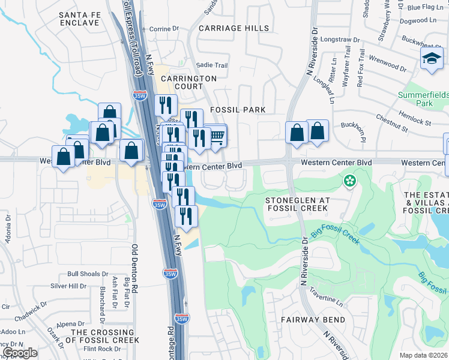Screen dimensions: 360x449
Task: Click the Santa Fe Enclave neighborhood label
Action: pyautogui.click(x=79, y=18)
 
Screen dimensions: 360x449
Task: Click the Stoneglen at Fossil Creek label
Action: pyautogui.click(x=297, y=203)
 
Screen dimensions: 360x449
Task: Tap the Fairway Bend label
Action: pyautogui.click(x=312, y=320)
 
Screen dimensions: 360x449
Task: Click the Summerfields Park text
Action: pyautogui.click(x=424, y=100)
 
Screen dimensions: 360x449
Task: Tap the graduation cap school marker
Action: pyautogui.click(x=431, y=59)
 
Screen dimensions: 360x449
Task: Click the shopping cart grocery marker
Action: pyautogui.click(x=217, y=137)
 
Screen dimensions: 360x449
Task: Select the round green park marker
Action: pyautogui.click(x=349, y=180)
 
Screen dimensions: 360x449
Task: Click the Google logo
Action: pyautogui.click(x=20, y=353)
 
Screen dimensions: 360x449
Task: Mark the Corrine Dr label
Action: pyautogui.click(x=160, y=29)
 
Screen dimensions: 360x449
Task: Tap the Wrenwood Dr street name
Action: pyautogui.click(x=391, y=62)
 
